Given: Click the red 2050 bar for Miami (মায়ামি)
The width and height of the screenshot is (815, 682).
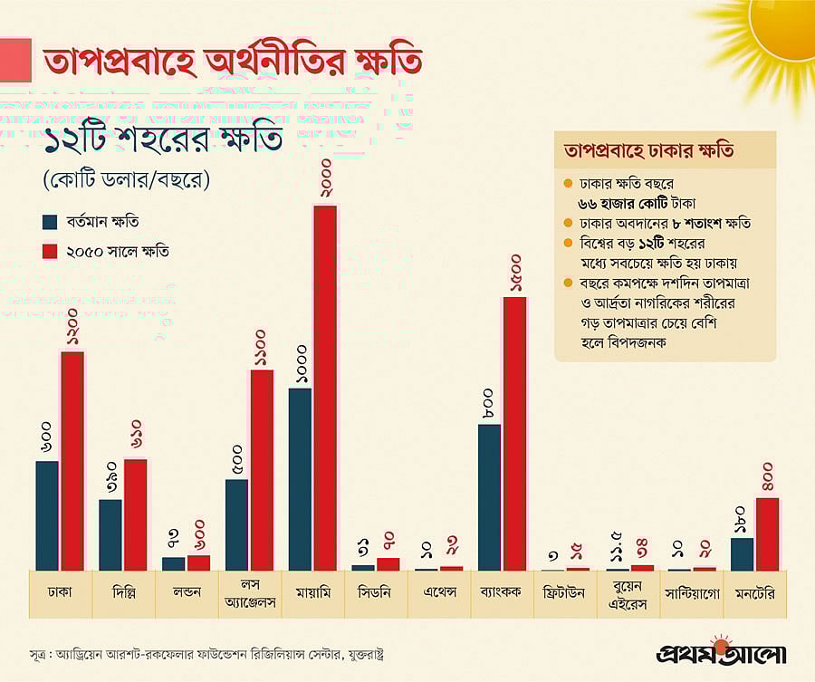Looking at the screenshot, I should pyautogui.click(x=325, y=388).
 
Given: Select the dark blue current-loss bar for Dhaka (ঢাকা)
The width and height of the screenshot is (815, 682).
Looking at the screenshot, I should pyautogui.click(x=47, y=515).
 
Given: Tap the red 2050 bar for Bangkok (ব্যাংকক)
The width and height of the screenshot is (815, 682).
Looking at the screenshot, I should pyautogui.click(x=514, y=433).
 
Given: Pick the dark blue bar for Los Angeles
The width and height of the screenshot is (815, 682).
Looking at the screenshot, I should pyautogui.click(x=236, y=524).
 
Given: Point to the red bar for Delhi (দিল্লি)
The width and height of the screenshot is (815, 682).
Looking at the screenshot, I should pyautogui.click(x=136, y=514).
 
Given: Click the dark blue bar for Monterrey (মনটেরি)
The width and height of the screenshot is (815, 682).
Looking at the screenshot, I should pyautogui.click(x=742, y=553).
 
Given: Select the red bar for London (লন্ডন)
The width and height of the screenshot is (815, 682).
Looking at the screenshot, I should pyautogui.click(x=198, y=562).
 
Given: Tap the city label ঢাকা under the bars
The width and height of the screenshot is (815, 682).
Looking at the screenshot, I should pyautogui.click(x=60, y=593).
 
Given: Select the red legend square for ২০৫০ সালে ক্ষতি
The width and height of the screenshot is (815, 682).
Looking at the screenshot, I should pyautogui.click(x=49, y=251).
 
